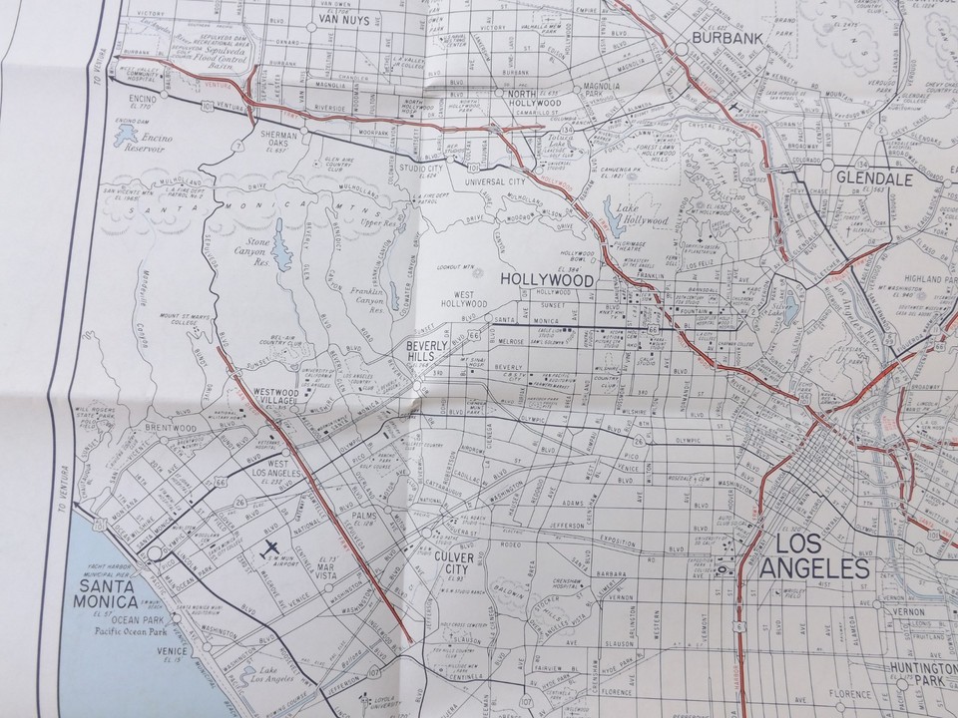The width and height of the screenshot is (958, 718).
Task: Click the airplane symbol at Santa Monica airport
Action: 270,546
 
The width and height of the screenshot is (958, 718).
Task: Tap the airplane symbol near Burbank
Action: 735,107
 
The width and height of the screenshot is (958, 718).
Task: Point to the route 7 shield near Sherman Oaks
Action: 237,146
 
